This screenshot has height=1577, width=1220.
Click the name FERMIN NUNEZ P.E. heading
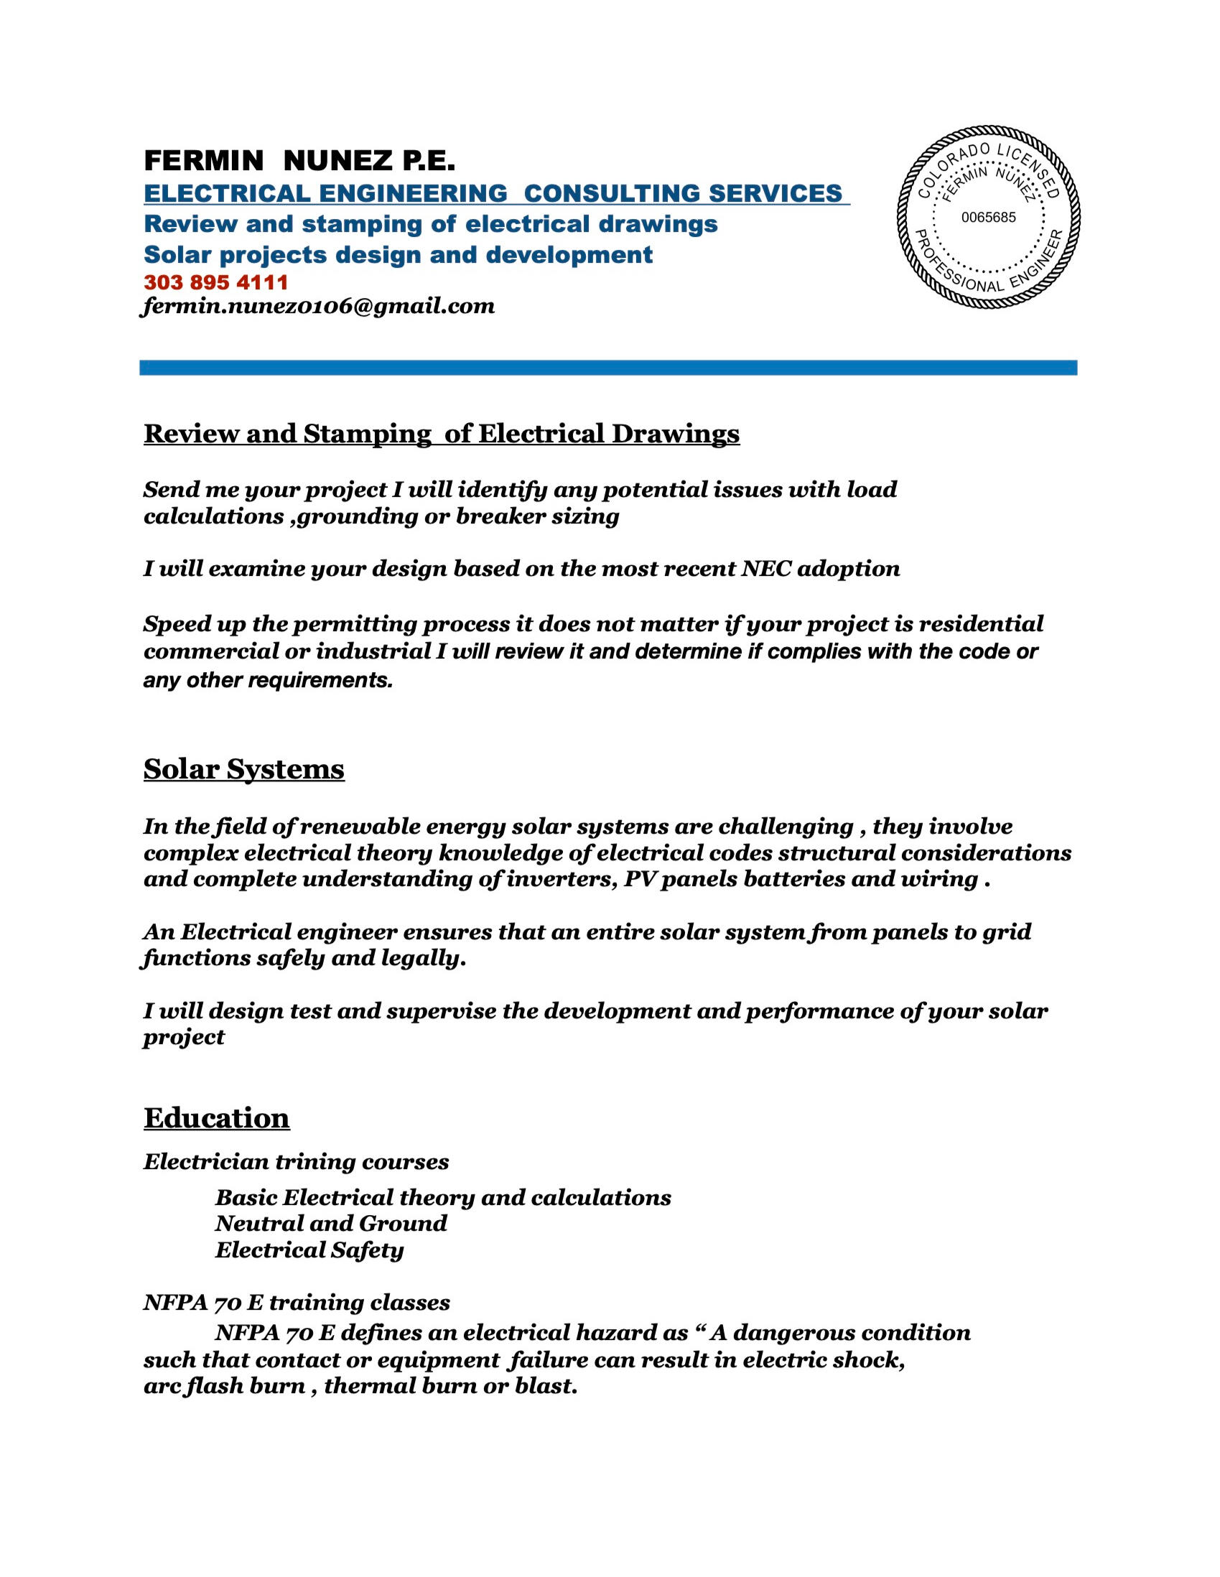[299, 160]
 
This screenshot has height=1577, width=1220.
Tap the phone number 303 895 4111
[216, 282]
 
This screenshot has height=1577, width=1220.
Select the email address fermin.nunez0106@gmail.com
[318, 306]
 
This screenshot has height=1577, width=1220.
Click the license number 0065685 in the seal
[988, 218]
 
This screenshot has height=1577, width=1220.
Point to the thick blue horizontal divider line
[607, 368]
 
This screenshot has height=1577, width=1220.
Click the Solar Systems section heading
[244, 769]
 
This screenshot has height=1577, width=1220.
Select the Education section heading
[217, 1118]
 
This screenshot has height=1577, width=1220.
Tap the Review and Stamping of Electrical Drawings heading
[441, 433]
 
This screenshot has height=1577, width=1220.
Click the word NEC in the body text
[765, 569]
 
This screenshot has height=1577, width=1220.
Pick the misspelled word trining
[315, 1162]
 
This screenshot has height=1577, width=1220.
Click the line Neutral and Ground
[330, 1223]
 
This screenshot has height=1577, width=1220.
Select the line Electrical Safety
[309, 1250]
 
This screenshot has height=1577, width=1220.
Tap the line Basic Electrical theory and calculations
[442, 1197]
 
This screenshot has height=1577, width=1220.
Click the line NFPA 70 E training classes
[297, 1303]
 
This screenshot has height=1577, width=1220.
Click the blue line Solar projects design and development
[398, 255]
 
